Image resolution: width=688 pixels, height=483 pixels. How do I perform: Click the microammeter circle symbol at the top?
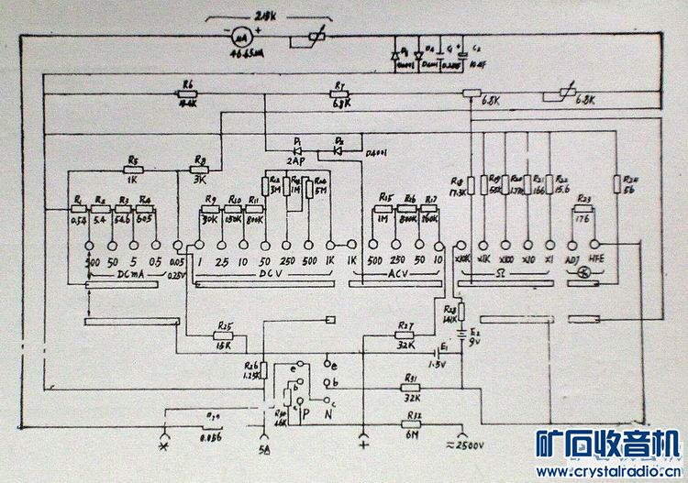239,38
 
